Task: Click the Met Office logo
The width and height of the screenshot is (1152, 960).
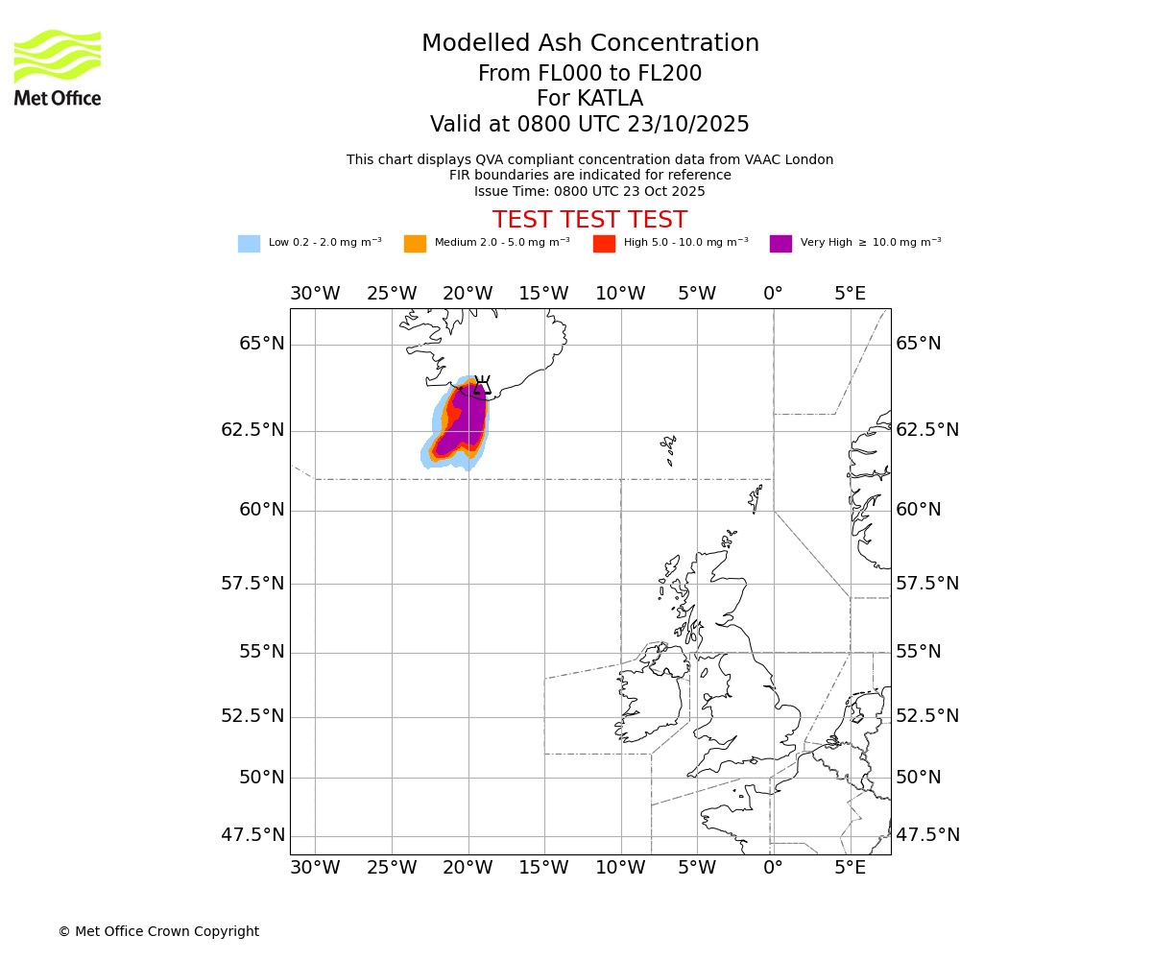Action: tap(58, 67)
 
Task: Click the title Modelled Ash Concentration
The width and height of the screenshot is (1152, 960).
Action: tap(589, 44)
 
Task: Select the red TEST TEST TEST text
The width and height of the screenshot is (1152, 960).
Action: tap(589, 221)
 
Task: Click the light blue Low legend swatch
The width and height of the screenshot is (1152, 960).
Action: tap(249, 244)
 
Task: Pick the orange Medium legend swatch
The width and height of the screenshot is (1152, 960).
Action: tap(415, 244)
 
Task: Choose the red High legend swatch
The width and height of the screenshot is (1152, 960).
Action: tap(604, 244)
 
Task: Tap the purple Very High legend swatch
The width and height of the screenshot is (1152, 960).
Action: tap(780, 244)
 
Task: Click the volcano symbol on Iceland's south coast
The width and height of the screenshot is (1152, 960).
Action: tap(482, 385)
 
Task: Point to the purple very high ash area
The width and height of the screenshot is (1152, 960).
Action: tap(465, 422)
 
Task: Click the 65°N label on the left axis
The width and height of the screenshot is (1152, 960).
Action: tap(261, 344)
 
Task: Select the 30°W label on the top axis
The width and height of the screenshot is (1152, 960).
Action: tap(315, 294)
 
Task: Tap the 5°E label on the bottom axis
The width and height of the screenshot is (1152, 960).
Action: tap(850, 869)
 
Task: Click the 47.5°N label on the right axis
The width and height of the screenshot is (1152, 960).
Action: tap(927, 835)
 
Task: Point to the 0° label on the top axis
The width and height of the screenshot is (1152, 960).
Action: tap(773, 294)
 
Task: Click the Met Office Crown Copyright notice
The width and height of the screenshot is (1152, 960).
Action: tap(158, 932)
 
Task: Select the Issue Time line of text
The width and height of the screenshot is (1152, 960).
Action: tap(589, 192)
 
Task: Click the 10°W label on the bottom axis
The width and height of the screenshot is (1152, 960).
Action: tap(620, 869)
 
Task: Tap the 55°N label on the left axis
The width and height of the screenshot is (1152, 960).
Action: tap(261, 652)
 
